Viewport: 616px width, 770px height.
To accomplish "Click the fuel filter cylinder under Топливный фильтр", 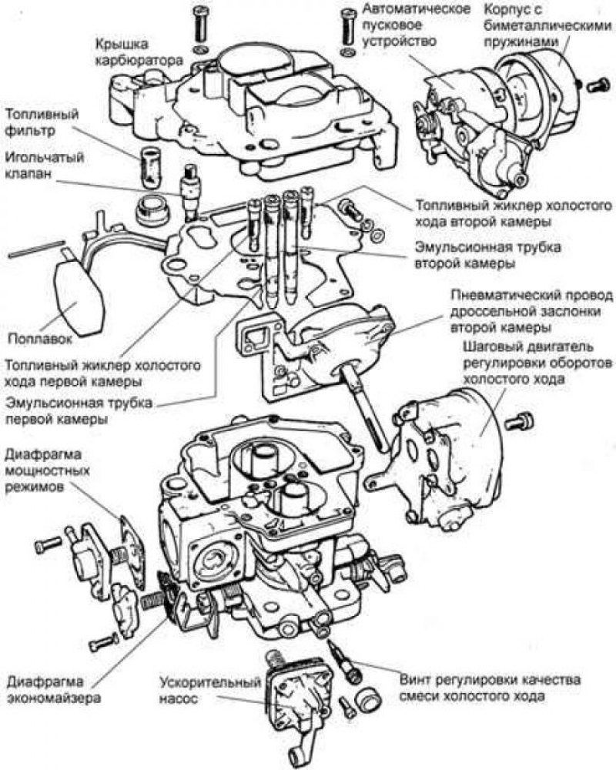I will pos(151,164).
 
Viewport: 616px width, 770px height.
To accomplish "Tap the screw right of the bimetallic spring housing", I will pos(594,85).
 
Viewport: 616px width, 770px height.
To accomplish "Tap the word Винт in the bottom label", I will pos(417,681).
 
